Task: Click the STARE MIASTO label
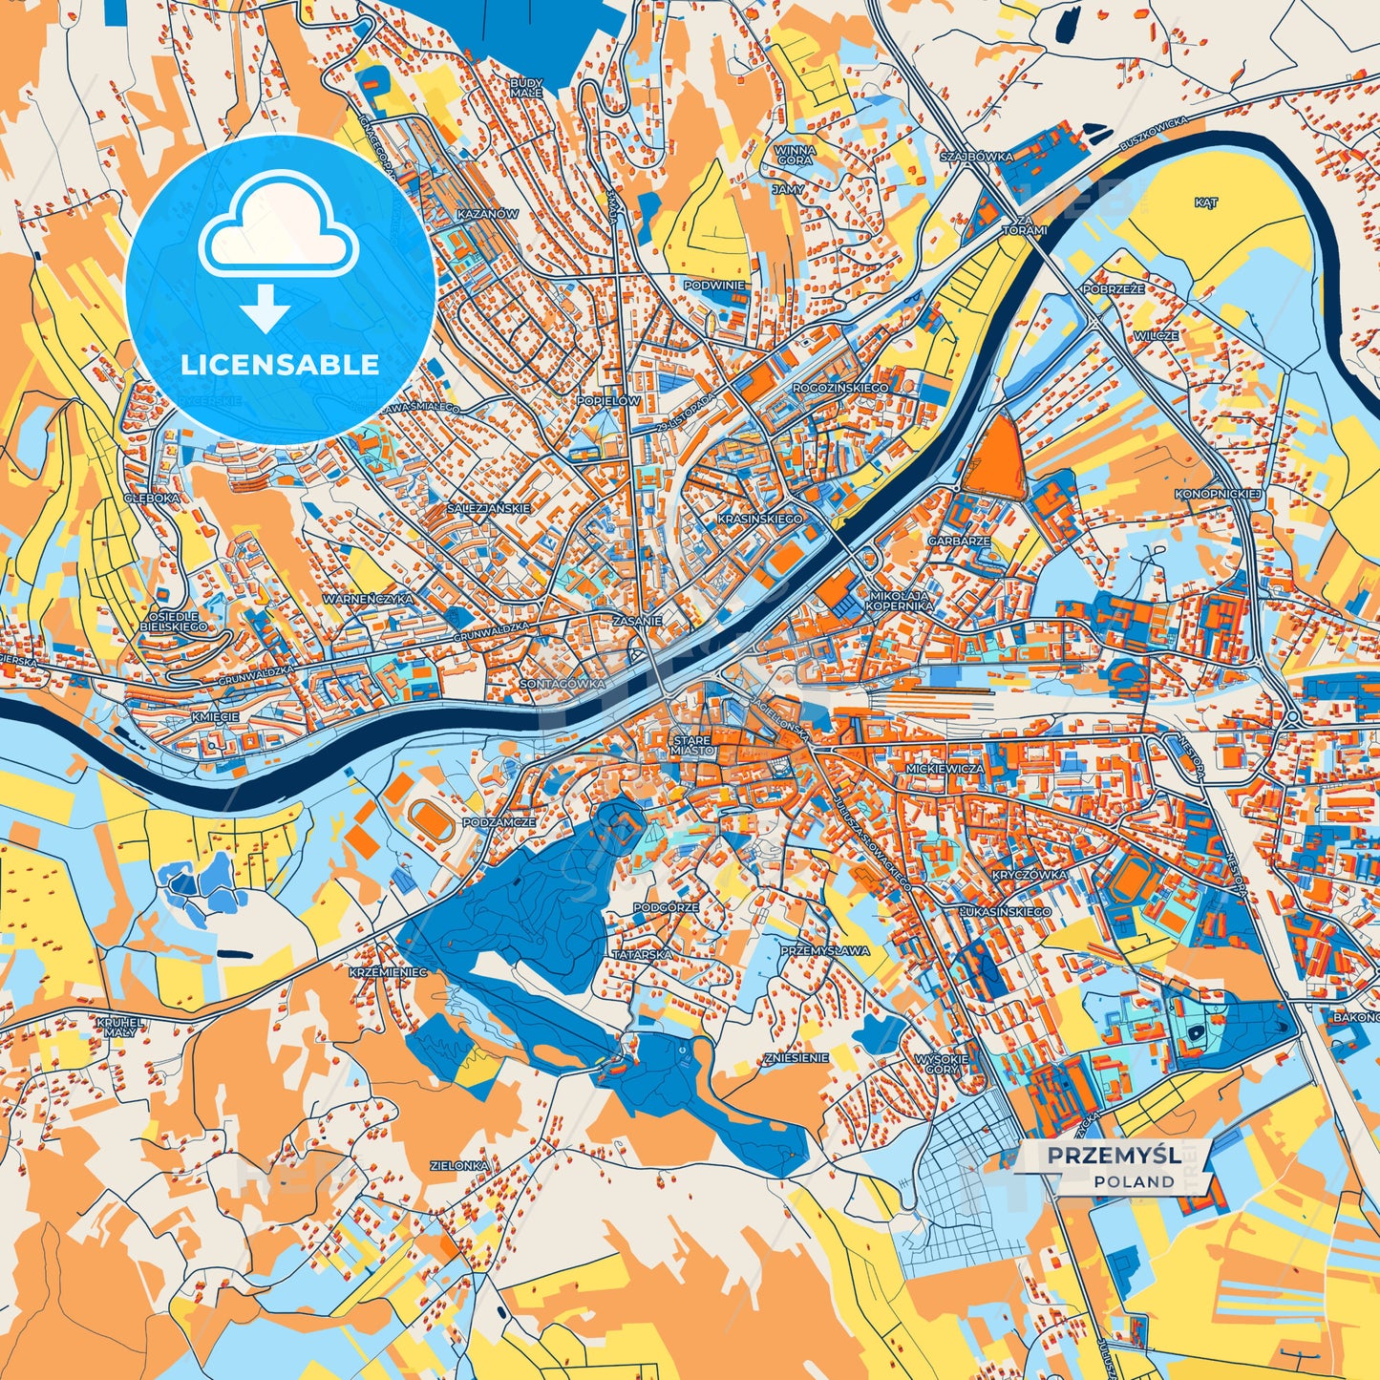click(x=692, y=746)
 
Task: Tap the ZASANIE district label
click(x=637, y=621)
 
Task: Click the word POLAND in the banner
click(x=1135, y=1181)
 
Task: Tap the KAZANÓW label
click(x=487, y=214)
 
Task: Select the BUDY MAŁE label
click(x=526, y=88)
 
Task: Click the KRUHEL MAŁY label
click(x=119, y=1027)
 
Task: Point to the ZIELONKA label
click(x=459, y=1166)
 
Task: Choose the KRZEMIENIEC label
click(x=388, y=971)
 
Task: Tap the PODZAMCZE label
click(x=498, y=821)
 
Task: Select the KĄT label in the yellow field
click(x=1206, y=203)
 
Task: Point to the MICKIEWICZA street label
click(x=945, y=768)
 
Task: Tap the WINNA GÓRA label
click(x=795, y=156)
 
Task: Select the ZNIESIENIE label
click(x=796, y=1058)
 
